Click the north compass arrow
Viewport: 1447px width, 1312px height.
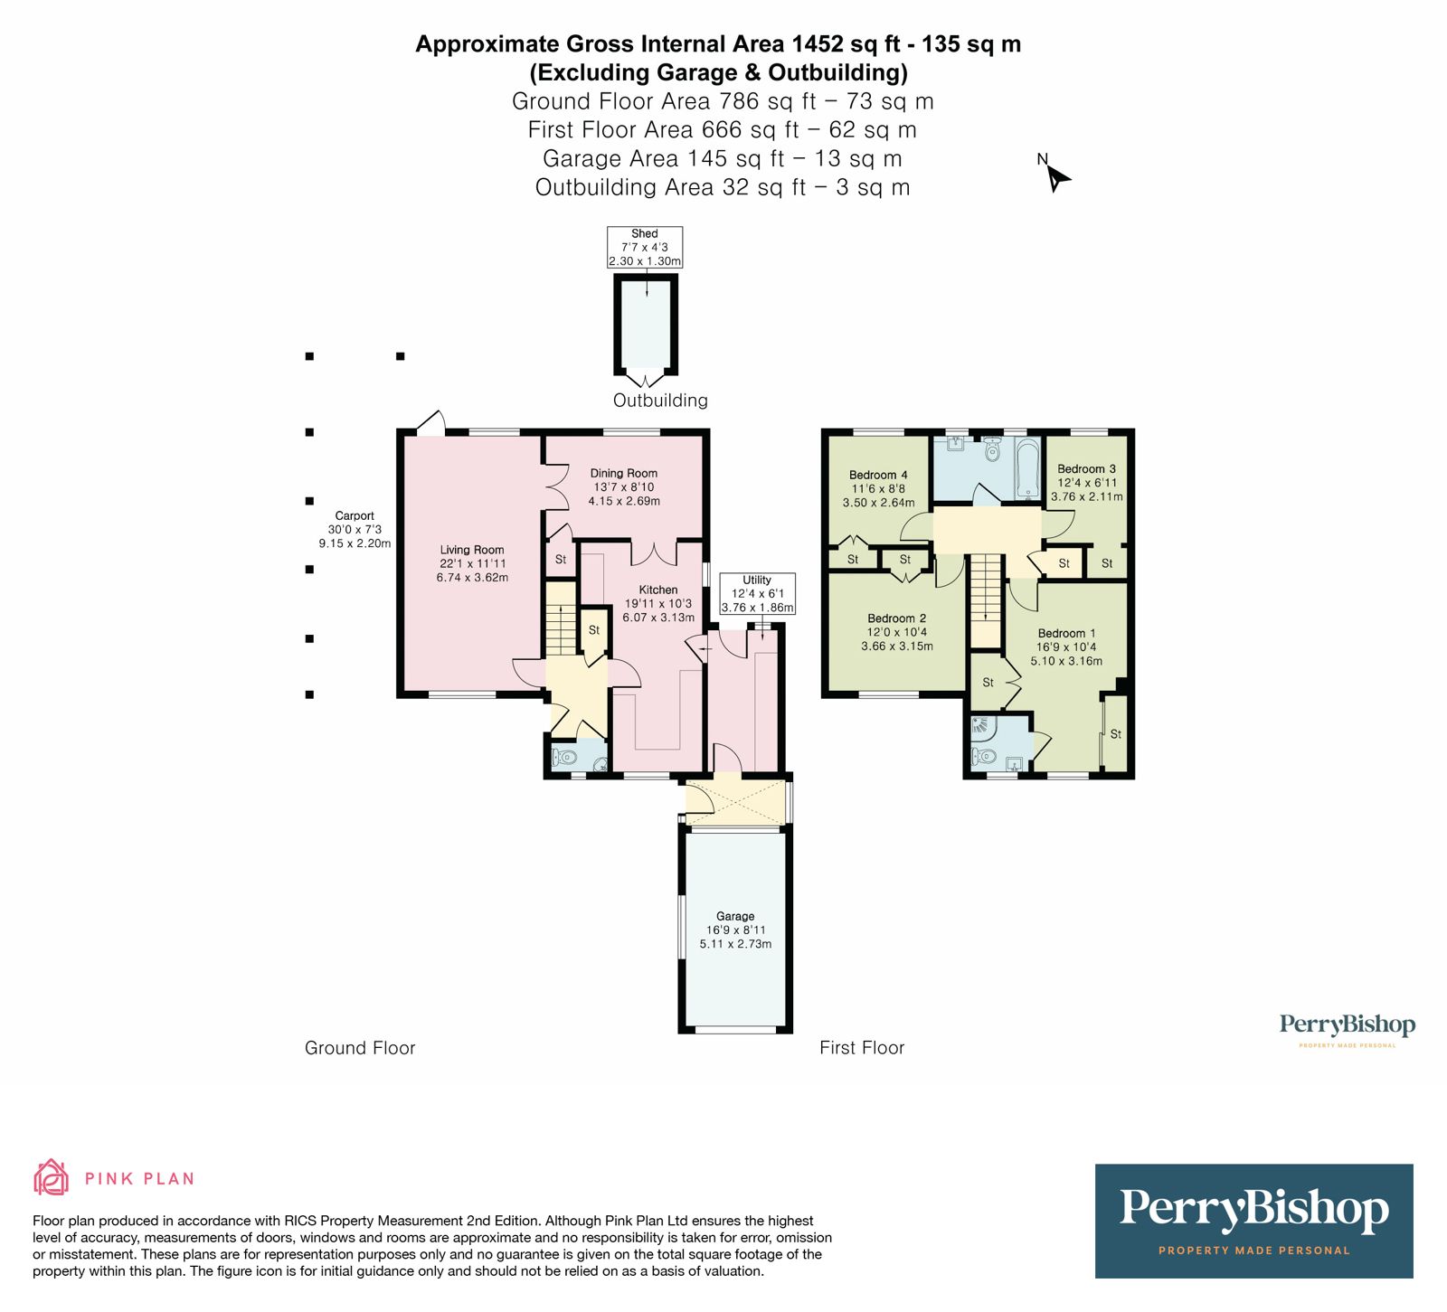coord(1056,177)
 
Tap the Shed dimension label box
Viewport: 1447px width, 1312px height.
coord(644,247)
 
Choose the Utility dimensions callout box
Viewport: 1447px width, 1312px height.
coord(757,593)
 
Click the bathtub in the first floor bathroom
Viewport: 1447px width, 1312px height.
coord(1028,468)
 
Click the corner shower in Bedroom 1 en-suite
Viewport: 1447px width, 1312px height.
coord(981,726)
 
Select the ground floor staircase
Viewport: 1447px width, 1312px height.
coord(562,619)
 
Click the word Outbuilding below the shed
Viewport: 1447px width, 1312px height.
coord(660,401)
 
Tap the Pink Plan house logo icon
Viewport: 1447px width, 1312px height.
coord(51,1177)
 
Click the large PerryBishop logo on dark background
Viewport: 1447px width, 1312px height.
coord(1253,1221)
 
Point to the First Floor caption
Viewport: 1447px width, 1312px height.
coord(862,1048)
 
